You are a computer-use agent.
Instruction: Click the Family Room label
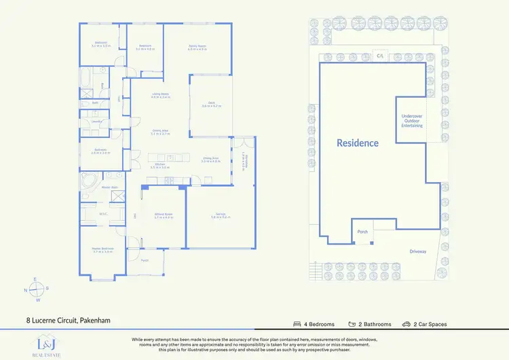[197, 48]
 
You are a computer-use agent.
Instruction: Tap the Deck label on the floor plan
[212, 105]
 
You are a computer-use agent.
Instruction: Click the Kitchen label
[160, 165]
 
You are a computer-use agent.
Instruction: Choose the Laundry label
[87, 122]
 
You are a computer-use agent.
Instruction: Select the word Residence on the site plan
[358, 143]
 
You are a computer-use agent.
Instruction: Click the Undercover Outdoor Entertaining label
[412, 121]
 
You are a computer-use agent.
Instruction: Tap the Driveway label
[418, 251]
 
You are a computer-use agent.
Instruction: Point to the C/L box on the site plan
[381, 56]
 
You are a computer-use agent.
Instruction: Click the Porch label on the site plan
[362, 232]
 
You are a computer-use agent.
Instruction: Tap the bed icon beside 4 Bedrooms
[297, 324]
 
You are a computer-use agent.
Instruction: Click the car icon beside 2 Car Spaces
[406, 324]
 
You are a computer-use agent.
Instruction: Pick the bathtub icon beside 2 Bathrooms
[352, 324]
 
